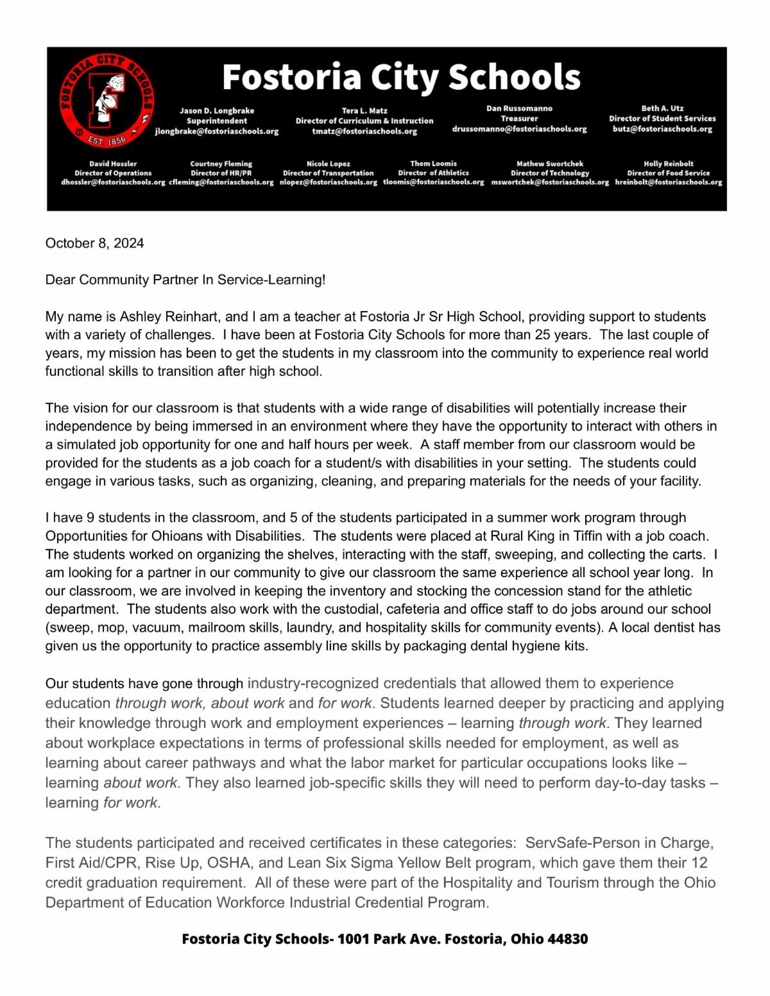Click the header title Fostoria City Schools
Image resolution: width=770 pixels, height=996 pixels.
[401, 77]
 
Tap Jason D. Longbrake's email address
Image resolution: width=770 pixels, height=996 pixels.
[217, 131]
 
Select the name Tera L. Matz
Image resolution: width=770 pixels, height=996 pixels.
[364, 110]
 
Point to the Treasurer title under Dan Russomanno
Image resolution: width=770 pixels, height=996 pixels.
[519, 119]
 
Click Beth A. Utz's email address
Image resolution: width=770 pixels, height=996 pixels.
[662, 129]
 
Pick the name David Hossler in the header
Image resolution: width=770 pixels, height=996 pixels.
[113, 164]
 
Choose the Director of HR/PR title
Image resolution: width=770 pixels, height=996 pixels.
[221, 173]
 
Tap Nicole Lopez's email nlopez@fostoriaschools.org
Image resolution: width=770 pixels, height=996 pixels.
[329, 182]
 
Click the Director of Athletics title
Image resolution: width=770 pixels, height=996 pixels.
[433, 173]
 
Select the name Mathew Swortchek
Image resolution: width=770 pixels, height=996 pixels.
[550, 164]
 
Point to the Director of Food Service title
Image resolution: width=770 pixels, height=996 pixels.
[669, 173]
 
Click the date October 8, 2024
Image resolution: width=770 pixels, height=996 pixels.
[94, 243]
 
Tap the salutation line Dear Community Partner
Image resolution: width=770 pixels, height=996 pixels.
[185, 280]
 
